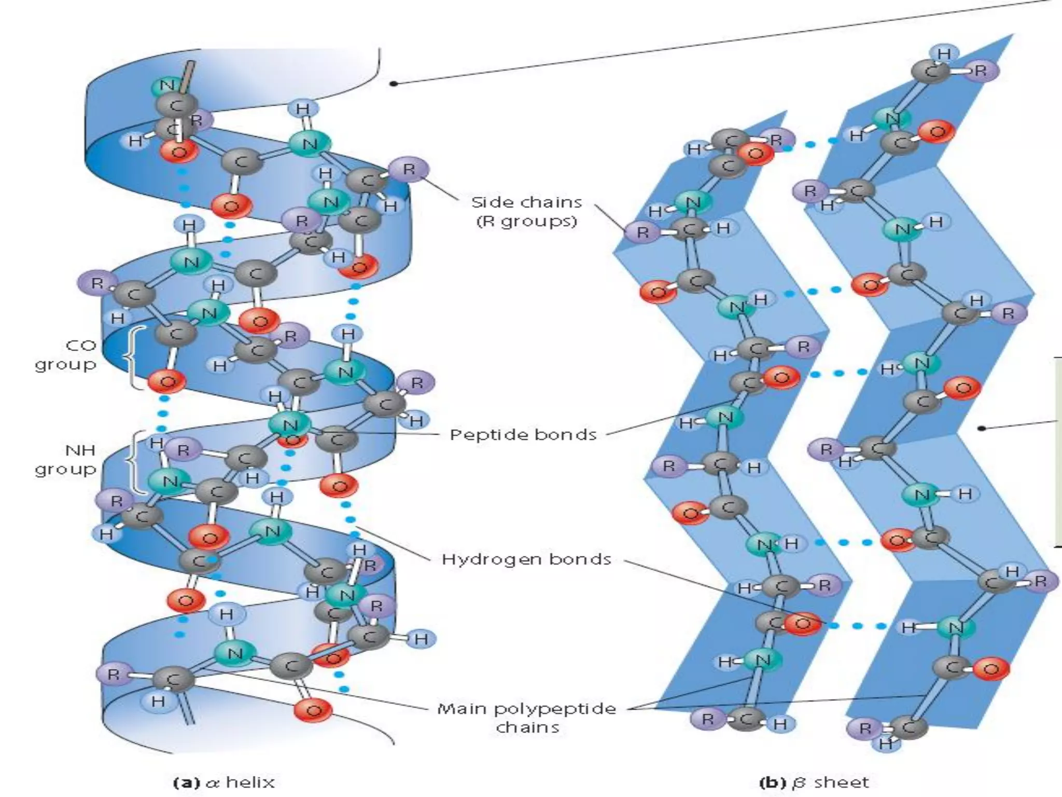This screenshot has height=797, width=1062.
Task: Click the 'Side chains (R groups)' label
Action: point(526,212)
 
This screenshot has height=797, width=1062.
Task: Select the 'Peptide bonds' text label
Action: point(523,434)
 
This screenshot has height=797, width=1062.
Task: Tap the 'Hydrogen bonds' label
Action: point(526,559)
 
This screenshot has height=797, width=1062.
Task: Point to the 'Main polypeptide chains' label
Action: point(527,718)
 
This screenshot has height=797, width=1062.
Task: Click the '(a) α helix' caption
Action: point(223,782)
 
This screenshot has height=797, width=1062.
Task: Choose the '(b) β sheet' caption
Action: point(814,782)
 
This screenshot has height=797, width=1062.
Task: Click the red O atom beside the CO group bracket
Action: point(167,383)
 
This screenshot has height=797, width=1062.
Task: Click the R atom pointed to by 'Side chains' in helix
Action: point(409,169)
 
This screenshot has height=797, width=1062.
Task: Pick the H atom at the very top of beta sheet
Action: point(944,54)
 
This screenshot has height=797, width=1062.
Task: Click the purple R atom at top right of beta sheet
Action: point(980,71)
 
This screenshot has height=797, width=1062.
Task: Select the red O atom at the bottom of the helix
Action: point(313,710)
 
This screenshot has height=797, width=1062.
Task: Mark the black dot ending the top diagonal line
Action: point(394,83)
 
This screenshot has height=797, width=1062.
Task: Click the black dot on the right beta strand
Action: point(981,428)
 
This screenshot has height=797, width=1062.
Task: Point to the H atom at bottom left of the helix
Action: point(158,702)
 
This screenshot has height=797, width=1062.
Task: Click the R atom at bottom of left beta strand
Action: point(707,719)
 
